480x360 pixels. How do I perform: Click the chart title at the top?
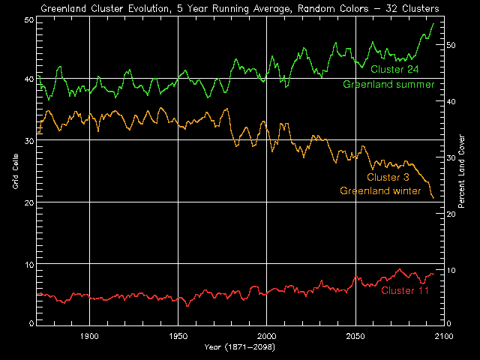click(240, 8)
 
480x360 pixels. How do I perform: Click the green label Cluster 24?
click(394, 70)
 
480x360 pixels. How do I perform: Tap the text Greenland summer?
click(388, 84)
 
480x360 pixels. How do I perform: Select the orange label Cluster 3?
click(388, 177)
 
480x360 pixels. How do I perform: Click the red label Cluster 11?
click(405, 290)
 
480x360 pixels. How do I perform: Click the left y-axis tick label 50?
click(28, 19)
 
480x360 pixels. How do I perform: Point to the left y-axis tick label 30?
click(28, 140)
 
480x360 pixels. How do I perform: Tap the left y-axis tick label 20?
click(28, 202)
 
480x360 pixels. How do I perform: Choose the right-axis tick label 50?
click(452, 45)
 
